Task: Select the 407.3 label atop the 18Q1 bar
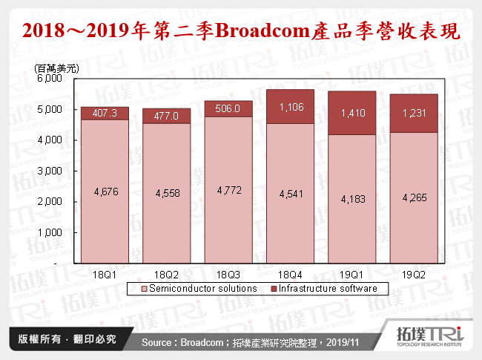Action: point(104,114)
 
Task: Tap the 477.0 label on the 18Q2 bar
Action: point(168,116)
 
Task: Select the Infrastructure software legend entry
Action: point(331,288)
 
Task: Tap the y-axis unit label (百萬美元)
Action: point(56,68)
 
